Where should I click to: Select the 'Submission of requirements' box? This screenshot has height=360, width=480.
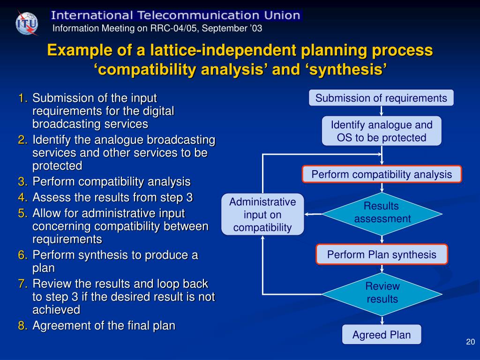point(381,98)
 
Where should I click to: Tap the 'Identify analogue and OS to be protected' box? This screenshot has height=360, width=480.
point(382,131)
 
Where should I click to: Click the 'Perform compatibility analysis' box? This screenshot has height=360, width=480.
point(382,174)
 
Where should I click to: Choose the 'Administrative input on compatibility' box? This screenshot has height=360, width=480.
point(262,215)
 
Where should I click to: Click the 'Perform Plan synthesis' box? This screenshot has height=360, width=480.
point(382,255)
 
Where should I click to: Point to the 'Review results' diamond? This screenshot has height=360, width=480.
point(382,292)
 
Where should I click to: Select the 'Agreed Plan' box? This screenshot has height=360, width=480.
point(382,335)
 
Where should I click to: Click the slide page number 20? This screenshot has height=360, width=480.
point(471,342)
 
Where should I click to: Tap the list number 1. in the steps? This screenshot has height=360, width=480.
point(23,98)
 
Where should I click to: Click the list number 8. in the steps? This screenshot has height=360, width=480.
point(23,326)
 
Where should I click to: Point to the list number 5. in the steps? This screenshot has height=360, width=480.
point(23,213)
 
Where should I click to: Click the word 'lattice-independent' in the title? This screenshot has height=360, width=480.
point(219,51)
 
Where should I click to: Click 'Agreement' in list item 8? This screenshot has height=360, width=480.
point(62,326)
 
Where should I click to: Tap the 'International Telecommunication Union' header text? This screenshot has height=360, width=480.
point(175,15)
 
